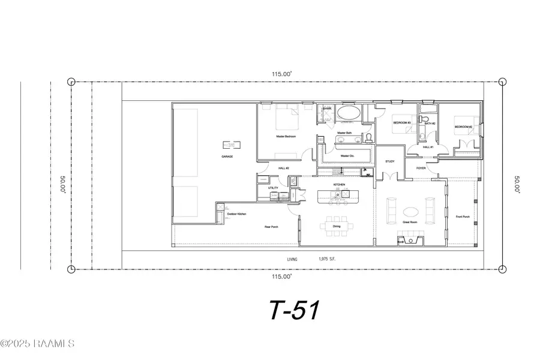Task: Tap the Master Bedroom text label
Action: pyautogui.click(x=286, y=136)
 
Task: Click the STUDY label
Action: pyautogui.click(x=389, y=161)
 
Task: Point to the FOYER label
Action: pyautogui.click(x=421, y=169)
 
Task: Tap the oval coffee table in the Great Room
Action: pyautogui.click(x=411, y=211)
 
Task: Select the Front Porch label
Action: pyautogui.click(x=462, y=217)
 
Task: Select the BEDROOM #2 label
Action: pyautogui.click(x=463, y=127)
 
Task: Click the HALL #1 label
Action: pyautogui.click(x=427, y=147)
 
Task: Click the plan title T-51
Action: pyautogui.click(x=293, y=310)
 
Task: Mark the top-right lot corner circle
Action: pyautogui.click(x=502, y=82)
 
